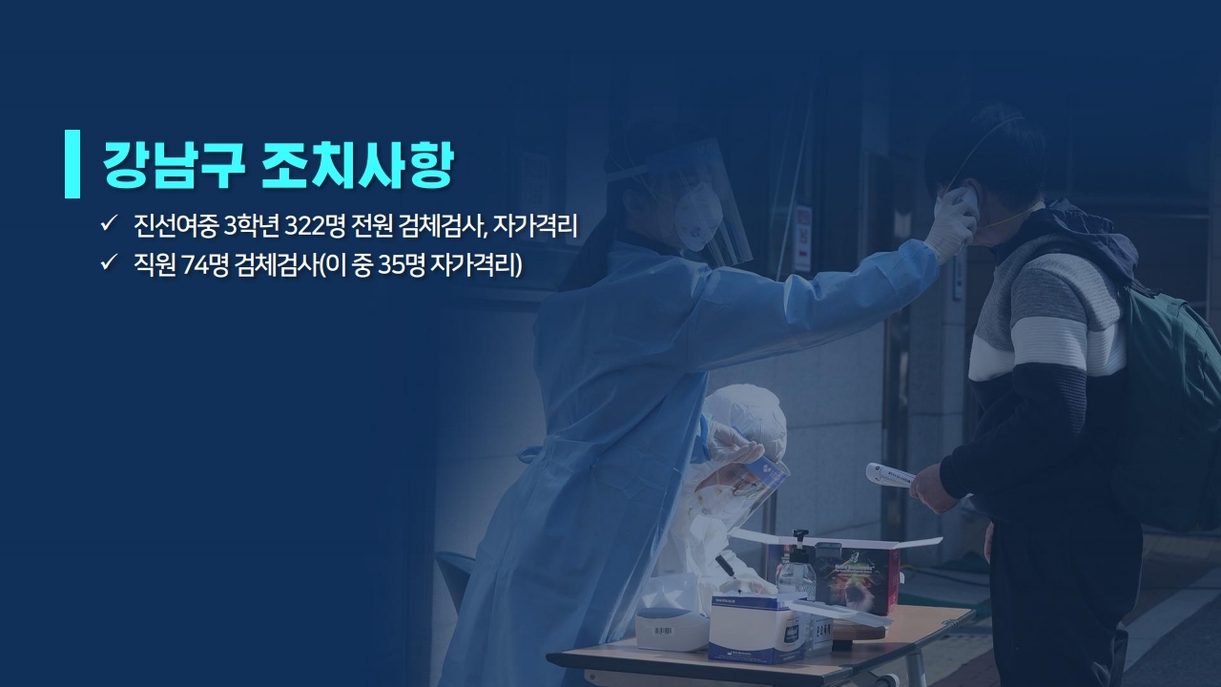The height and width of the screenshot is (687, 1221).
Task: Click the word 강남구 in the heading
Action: [174, 165]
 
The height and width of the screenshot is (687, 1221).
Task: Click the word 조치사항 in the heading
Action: [357, 165]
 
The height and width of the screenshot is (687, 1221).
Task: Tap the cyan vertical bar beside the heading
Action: [72, 163]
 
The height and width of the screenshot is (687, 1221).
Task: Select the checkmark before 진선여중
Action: [108, 223]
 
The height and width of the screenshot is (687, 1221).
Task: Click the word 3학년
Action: [251, 226]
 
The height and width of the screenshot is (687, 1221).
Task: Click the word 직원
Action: [155, 265]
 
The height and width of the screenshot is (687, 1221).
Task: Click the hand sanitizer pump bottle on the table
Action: [797, 567]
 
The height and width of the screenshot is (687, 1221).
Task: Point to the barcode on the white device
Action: [662, 631]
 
